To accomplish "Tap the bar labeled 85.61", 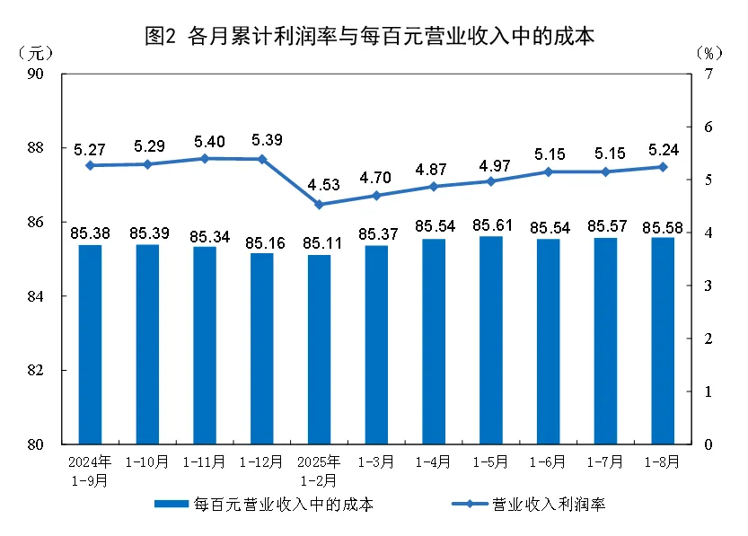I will click(x=490, y=340).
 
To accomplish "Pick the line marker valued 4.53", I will click(x=319, y=205).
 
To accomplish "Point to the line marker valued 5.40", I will click(x=204, y=158).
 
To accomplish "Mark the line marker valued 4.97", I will click(x=490, y=181).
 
